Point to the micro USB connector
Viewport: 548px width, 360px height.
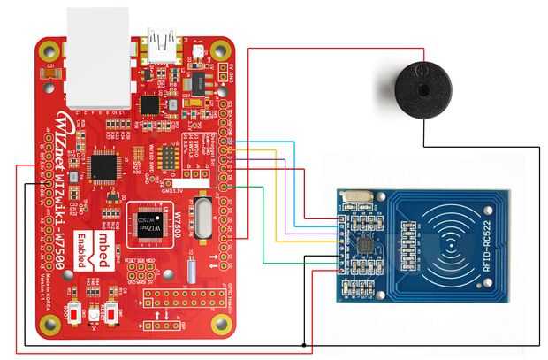(161, 43)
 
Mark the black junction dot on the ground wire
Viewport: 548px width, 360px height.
(304, 343)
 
